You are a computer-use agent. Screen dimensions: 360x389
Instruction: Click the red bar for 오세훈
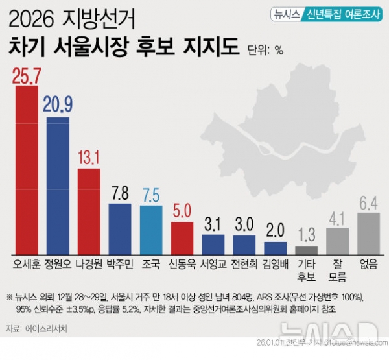[27, 169]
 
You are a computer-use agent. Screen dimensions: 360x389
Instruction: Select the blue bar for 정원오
[58, 185]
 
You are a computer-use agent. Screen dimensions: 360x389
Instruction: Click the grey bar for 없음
[368, 233]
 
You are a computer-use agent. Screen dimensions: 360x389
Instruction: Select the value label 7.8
[120, 193]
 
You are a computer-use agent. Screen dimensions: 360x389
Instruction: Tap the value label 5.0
[182, 212]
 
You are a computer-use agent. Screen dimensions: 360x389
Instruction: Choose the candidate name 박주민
[120, 265]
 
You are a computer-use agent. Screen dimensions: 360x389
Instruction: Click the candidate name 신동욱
[182, 265]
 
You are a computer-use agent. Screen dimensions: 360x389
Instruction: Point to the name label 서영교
[213, 265]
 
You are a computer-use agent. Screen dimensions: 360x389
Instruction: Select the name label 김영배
[276, 265]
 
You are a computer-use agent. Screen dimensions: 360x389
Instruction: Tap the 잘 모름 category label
[337, 272]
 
